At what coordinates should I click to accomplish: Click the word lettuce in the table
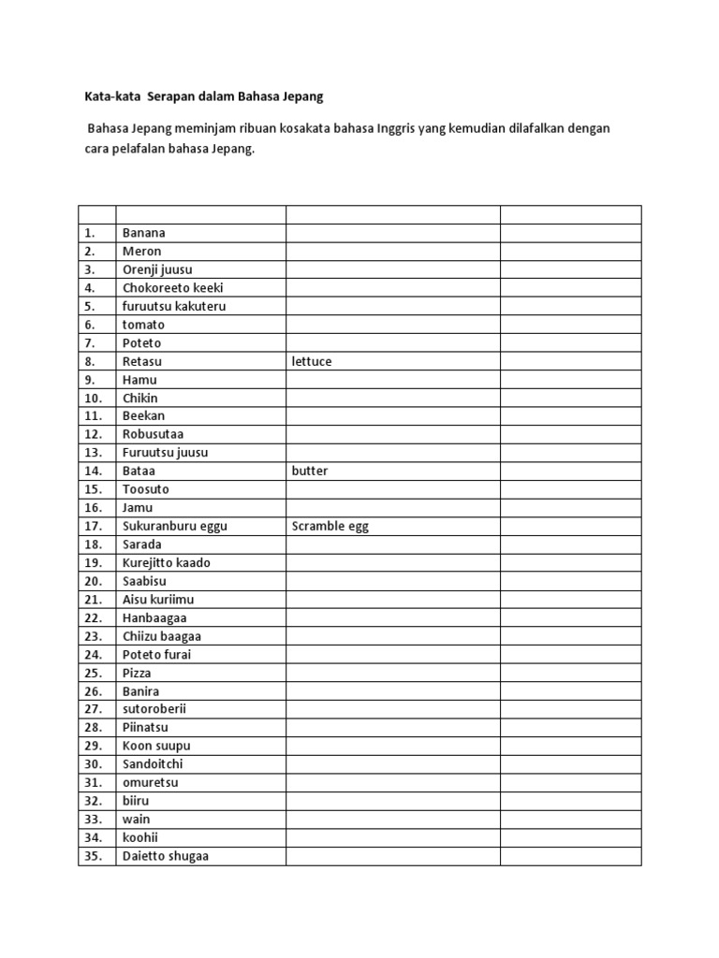[x=312, y=361]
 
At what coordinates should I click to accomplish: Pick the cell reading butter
[x=310, y=471]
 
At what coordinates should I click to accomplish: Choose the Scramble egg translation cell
[x=330, y=526]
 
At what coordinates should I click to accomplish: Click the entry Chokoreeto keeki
[x=172, y=288]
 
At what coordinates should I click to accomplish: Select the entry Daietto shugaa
[x=165, y=856]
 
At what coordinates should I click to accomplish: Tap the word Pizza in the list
[x=136, y=673]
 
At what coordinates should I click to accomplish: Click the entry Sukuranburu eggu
[x=174, y=526]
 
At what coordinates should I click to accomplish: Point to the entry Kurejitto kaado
[x=166, y=562]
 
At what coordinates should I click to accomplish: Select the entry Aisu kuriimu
[x=157, y=599]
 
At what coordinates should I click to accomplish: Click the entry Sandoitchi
[x=152, y=764]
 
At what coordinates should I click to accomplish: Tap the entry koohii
[x=140, y=837]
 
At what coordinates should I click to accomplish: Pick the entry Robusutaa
[x=153, y=434]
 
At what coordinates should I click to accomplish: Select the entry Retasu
[x=142, y=361]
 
